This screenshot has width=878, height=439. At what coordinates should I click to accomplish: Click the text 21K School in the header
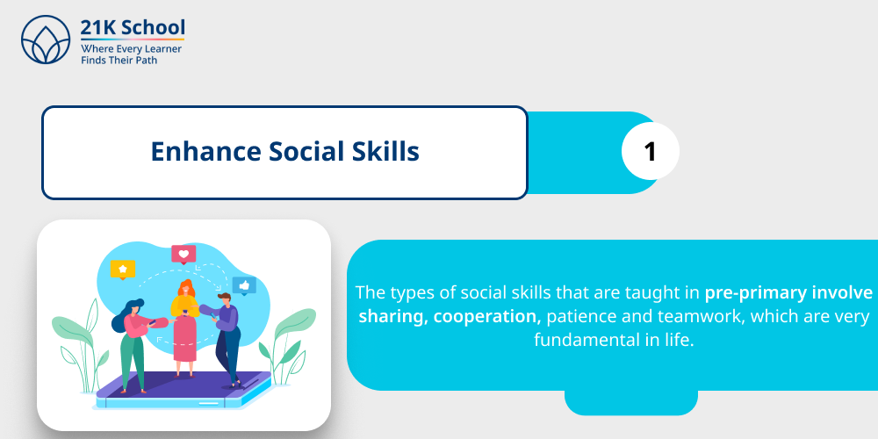point(132,27)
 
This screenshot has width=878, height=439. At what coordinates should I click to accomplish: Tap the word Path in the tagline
point(144,61)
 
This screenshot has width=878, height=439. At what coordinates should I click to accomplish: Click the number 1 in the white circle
point(650,152)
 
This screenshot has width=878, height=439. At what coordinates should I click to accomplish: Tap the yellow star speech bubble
point(123,269)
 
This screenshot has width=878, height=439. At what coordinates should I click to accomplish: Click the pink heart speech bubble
point(184,255)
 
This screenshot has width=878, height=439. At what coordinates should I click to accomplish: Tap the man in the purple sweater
point(227,338)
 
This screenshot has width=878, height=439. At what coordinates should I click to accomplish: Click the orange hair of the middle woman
point(185,288)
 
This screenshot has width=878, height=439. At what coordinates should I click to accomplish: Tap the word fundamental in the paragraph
point(579,340)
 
